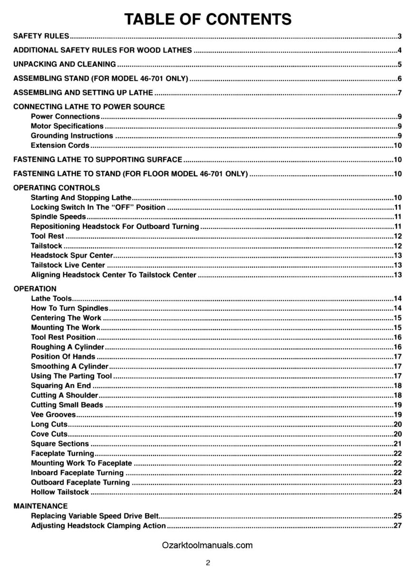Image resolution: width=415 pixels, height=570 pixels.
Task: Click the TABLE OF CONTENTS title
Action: pyautogui.click(x=207, y=19)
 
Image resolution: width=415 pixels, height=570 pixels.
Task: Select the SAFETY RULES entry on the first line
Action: pyautogui.click(x=41, y=36)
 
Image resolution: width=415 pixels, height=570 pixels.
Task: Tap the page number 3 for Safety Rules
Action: pyautogui.click(x=401, y=36)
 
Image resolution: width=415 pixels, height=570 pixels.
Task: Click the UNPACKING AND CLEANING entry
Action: pyautogui.click(x=65, y=64)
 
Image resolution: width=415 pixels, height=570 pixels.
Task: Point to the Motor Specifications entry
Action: pyautogui.click(x=67, y=126)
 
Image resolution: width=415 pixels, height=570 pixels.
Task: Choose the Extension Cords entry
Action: pyautogui.click(x=60, y=145)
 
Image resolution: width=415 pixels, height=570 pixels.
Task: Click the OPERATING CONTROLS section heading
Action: pyautogui.click(x=57, y=188)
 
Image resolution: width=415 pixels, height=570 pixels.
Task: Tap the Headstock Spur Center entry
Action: pyautogui.click(x=68, y=255)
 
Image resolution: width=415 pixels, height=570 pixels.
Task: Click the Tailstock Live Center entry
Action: pyautogui.click(x=68, y=265)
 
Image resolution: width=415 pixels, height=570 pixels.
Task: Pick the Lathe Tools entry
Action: pyautogui.click(x=51, y=298)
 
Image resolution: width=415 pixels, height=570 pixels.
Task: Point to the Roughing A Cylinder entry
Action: pyautogui.click(x=68, y=347)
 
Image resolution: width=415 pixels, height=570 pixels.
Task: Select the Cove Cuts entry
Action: pyautogui.click(x=49, y=434)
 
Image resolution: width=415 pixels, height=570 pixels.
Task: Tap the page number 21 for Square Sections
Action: pyautogui.click(x=398, y=444)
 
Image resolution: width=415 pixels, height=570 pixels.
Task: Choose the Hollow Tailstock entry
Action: pyautogui.click(x=60, y=492)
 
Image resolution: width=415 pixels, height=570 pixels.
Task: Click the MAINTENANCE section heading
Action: pyautogui.click(x=40, y=506)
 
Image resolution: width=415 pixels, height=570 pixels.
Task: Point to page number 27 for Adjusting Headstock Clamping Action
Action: pyautogui.click(x=398, y=525)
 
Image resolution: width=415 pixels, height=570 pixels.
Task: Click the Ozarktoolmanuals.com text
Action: pyautogui.click(x=207, y=545)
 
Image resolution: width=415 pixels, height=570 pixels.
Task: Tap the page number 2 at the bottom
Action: pyautogui.click(x=208, y=563)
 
